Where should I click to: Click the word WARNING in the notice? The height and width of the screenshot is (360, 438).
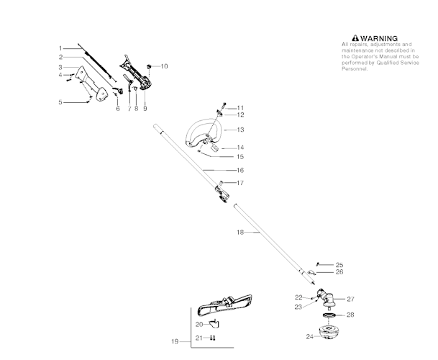[378, 38]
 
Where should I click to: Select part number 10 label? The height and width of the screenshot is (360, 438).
[164, 66]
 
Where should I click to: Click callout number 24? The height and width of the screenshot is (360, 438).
[309, 336]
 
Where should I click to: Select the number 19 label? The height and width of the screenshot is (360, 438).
[175, 341]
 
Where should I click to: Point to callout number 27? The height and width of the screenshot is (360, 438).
[350, 299]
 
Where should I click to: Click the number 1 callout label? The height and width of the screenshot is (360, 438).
[61, 48]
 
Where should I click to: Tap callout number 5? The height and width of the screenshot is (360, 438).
[61, 102]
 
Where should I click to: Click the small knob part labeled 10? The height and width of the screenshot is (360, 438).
[148, 66]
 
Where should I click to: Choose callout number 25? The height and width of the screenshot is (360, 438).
[339, 264]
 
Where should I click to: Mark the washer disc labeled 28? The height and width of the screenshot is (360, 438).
[329, 315]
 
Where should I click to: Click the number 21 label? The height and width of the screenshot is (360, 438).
[199, 337]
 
